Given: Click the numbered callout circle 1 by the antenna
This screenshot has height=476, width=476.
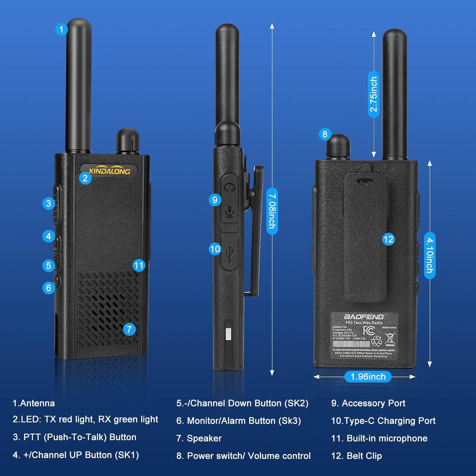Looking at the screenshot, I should (61, 30).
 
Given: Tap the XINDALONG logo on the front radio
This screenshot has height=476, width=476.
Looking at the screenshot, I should (109, 171).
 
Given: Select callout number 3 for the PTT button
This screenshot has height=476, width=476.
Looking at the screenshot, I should (49, 203).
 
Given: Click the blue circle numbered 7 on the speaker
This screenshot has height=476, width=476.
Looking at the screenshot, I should (129, 329).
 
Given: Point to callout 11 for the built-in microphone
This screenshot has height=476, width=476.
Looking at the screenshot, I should (139, 265).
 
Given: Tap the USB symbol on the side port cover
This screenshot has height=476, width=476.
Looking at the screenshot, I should (230, 254).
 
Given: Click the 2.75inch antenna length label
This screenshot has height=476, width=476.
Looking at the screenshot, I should (374, 94).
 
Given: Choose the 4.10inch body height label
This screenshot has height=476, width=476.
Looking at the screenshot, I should (430, 255).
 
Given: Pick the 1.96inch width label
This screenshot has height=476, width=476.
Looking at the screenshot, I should (368, 377).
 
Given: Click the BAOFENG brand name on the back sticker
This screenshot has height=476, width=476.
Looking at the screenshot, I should (364, 317).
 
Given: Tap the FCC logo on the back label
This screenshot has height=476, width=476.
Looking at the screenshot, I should (369, 331).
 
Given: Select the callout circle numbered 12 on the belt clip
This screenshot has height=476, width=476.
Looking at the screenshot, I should (388, 239).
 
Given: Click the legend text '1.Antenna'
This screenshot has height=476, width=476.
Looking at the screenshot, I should (34, 403).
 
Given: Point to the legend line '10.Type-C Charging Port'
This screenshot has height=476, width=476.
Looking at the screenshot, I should (383, 421).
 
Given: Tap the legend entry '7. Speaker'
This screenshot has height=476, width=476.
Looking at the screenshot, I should (199, 438).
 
